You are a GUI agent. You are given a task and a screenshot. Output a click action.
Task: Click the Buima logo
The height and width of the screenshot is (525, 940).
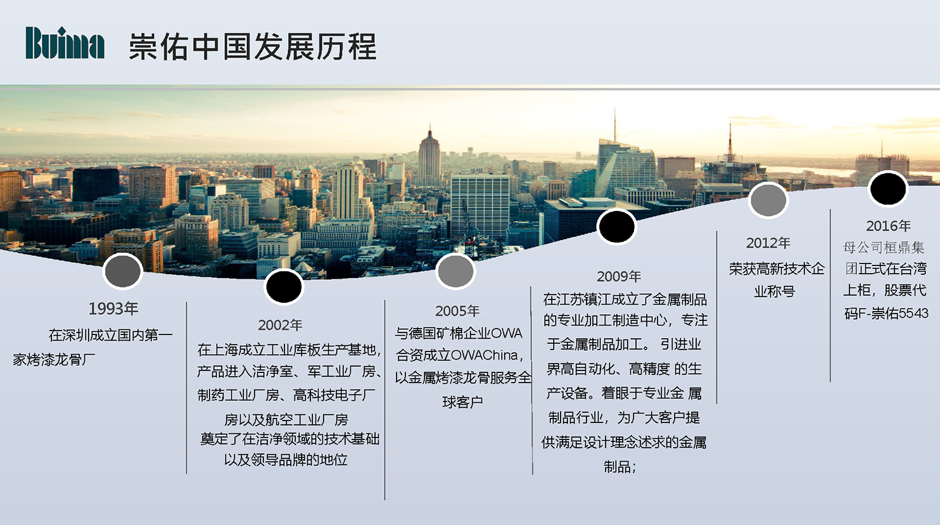[65, 44]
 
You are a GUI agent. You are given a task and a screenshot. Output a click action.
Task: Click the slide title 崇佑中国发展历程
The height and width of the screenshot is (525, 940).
[253, 47]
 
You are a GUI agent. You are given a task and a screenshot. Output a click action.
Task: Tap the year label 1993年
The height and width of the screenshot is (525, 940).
[113, 308]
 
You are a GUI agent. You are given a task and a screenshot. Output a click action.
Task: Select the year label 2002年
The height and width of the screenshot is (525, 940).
[280, 325]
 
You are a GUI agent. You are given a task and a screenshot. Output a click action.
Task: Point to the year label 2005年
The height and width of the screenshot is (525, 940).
[457, 311]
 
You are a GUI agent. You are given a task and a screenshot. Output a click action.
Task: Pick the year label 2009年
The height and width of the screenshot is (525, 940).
[619, 276]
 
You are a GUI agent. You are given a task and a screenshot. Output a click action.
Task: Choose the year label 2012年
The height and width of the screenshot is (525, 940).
[768, 243]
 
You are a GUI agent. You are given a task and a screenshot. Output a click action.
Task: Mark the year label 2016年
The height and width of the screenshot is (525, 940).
[888, 226]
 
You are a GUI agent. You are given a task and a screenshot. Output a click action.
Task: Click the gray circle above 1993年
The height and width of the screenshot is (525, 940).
[122, 271]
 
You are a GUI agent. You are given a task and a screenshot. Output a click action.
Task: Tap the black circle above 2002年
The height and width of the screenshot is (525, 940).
[284, 287]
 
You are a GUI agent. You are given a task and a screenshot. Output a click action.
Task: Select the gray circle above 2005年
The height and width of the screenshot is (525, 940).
[455, 271]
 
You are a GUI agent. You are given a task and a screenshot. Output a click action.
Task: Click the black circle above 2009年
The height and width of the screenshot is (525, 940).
[616, 226]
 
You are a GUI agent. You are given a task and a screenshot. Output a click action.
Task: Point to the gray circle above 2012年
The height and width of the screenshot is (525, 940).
[768, 200]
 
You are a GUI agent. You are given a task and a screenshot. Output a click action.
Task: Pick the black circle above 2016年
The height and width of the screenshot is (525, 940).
[888, 189]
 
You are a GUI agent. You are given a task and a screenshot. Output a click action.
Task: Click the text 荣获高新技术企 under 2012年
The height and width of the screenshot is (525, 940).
[777, 269]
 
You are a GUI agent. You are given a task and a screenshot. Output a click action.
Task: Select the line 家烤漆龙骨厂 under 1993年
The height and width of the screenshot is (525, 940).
[54, 360]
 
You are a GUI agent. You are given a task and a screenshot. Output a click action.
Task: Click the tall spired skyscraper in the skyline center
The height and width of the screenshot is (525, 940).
[429, 158]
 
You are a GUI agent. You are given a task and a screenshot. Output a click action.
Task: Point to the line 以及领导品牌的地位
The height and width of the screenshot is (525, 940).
[286, 460]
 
